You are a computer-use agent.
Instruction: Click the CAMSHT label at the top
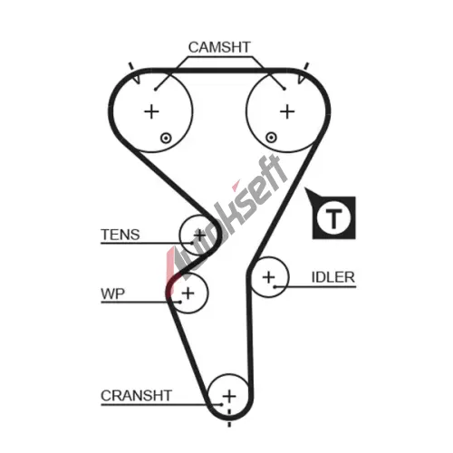[219, 47]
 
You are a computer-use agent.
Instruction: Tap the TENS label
[120, 235]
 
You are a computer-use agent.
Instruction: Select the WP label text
[112, 294]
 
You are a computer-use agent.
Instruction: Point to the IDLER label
[333, 277]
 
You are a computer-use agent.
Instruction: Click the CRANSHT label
[136, 396]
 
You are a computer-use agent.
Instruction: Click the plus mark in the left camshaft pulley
[151, 112]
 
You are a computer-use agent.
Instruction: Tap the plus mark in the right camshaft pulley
[287, 111]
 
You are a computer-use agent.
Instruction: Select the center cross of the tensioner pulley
[199, 235]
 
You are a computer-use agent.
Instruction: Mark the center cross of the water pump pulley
[188, 293]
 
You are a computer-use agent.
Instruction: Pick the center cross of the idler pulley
[269, 277]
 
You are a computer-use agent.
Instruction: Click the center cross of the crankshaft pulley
[229, 396]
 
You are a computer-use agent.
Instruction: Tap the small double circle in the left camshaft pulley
[166, 139]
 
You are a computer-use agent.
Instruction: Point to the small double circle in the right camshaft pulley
[271, 138]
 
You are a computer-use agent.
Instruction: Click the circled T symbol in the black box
[333, 217]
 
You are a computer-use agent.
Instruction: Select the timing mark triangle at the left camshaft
[137, 79]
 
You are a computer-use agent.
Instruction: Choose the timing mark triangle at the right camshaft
[302, 79]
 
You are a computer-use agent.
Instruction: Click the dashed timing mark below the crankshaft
[229, 418]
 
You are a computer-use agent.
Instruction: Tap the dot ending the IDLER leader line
[275, 286]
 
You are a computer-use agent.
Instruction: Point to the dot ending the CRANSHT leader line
[221, 404]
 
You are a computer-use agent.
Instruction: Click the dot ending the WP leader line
[180, 302]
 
